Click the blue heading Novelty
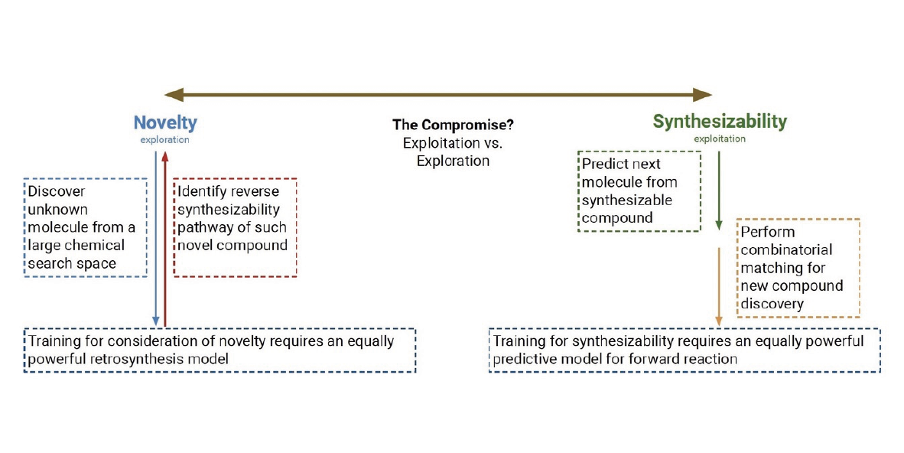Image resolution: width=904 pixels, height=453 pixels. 165,122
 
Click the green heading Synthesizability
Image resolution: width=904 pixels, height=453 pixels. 720,121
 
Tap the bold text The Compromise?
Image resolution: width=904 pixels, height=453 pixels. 454,125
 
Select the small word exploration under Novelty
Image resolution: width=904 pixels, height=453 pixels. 165,140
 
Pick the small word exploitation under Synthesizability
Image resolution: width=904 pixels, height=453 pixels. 720,139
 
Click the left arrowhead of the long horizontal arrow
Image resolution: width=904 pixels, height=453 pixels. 174,95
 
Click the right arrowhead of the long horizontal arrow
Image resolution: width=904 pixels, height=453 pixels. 703,95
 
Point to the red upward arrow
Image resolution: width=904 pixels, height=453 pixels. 165,239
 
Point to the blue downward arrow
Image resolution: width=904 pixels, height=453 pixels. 156,239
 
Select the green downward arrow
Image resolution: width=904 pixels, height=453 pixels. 719,191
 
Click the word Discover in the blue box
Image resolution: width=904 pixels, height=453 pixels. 57,191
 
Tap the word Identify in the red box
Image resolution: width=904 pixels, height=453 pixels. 199,192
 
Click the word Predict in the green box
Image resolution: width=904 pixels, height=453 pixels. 603,164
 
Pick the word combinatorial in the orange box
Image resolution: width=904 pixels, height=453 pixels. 786,250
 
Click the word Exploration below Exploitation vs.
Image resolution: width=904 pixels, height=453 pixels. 454,161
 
